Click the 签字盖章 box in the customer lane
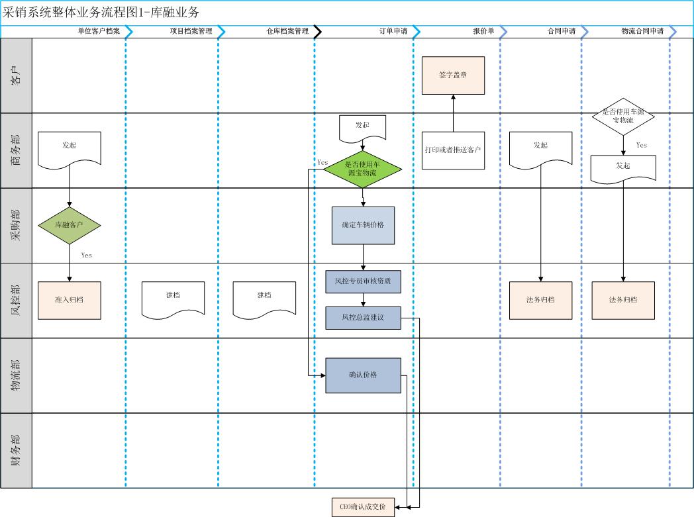pyautogui.click(x=453, y=75)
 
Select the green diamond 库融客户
pyautogui.click(x=70, y=225)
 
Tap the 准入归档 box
pyautogui.click(x=70, y=300)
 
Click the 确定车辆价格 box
pyautogui.click(x=363, y=225)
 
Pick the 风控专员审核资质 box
pyautogui.click(x=363, y=281)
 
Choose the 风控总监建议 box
pyautogui.click(x=363, y=318)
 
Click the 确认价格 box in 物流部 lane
pyautogui.click(x=363, y=375)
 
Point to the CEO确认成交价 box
pyautogui.click(x=363, y=507)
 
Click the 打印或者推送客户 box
pyautogui.click(x=453, y=150)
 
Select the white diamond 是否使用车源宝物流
pyautogui.click(x=622, y=117)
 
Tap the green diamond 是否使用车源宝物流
pyautogui.click(x=363, y=169)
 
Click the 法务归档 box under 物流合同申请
pyautogui.click(x=622, y=300)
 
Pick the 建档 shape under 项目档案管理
pyautogui.click(x=173, y=299)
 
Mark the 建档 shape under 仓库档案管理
pyautogui.click(x=264, y=299)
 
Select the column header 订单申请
pyautogui.click(x=393, y=31)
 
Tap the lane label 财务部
pyautogui.click(x=16, y=451)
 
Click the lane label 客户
pyautogui.click(x=16, y=75)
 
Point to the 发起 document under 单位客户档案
pyautogui.click(x=70, y=148)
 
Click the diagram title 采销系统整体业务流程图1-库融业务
pyautogui.click(x=101, y=13)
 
